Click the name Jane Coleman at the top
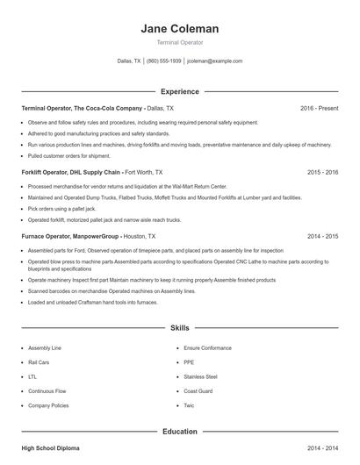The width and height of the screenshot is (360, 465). coord(180,28)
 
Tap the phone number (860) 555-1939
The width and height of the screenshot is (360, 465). coord(164,61)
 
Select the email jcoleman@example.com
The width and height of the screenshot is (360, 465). coord(214,61)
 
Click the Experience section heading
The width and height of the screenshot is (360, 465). coord(180,91)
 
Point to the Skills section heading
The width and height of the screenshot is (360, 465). coord(180,327)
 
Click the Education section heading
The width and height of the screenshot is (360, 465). coord(180,431)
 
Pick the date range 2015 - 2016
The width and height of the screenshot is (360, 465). coord(322,172)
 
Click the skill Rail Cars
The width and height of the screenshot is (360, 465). coord(39,361)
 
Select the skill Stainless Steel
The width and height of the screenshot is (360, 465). coord(200,376)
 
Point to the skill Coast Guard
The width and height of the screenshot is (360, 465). coord(198,391)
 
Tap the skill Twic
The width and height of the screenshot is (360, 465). coord(189,406)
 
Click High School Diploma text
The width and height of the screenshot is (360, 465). coord(50,448)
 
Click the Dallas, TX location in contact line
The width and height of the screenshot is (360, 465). coord(128,61)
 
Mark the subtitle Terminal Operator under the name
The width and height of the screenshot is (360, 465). coord(180,42)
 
